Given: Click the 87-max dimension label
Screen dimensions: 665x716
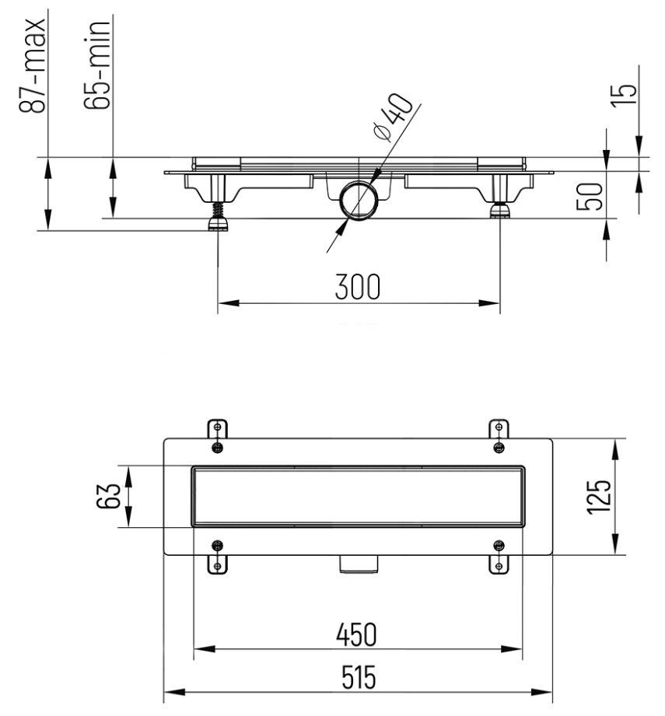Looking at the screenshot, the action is coord(32,65).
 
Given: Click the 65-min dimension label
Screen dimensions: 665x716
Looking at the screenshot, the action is coord(96,64).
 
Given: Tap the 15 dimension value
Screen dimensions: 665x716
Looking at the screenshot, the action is coord(625,96).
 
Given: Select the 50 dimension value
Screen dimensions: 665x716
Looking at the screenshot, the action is coord(590,197).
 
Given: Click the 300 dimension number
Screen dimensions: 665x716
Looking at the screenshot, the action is coord(358,287).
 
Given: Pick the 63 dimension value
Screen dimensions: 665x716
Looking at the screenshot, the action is coord(108,496).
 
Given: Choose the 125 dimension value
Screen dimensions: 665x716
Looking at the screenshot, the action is coord(599,497).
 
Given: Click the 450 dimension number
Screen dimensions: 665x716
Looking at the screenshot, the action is coord(357,634).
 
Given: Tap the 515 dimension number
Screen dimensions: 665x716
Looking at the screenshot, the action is coord(359,677).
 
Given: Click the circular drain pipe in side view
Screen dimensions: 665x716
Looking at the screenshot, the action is coord(359,200).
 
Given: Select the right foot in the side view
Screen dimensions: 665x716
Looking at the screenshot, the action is coord(500,211).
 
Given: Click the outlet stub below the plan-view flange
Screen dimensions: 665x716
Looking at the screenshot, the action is coord(359,564).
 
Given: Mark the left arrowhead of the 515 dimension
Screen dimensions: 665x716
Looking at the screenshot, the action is coord(174,692).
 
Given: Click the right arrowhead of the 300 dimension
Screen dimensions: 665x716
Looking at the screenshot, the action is coord(489,302).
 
